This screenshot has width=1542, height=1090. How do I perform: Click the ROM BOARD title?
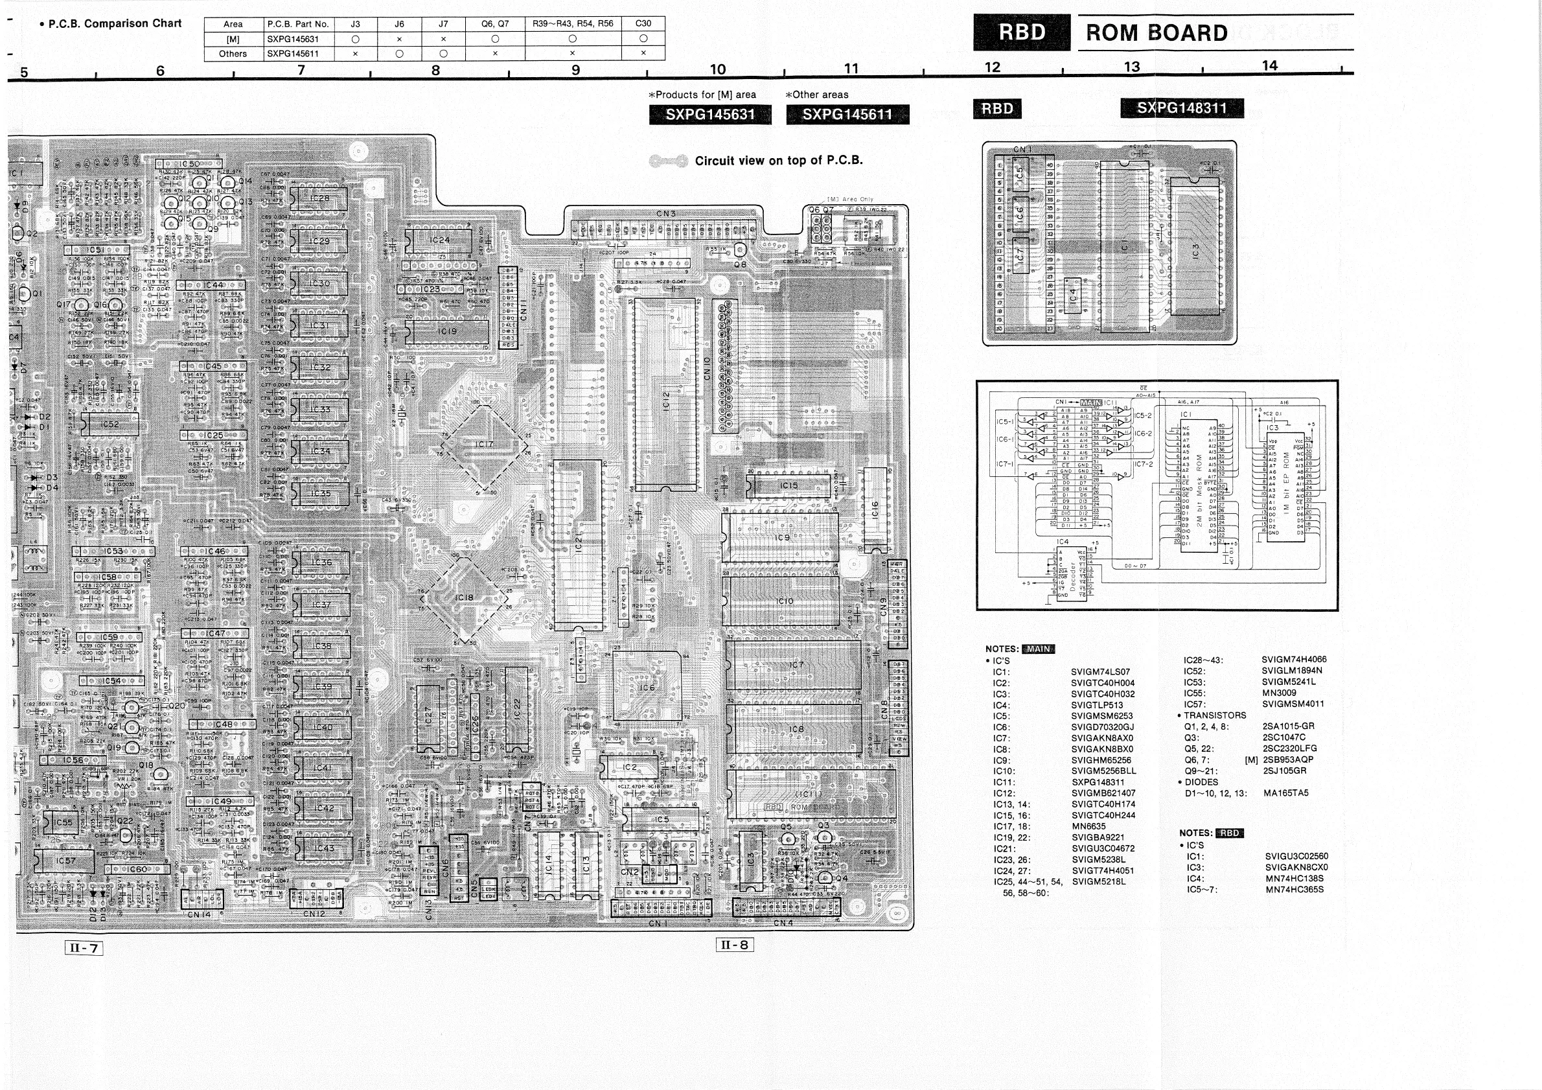point(1156,33)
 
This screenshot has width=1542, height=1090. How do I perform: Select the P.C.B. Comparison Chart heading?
point(115,23)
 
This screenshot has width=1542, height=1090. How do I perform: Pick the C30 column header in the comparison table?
point(643,23)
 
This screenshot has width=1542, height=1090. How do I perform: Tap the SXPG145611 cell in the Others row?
point(294,54)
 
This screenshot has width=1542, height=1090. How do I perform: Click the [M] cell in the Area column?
point(233,39)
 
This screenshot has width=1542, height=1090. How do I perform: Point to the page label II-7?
point(85,948)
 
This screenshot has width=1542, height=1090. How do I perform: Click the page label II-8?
point(734,945)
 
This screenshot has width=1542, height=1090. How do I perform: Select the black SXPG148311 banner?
point(1181,108)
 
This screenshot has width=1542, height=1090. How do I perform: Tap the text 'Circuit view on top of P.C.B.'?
point(778,161)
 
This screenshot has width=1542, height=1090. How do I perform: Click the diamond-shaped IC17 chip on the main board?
point(483,446)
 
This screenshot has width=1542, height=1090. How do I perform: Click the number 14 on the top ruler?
point(1269,66)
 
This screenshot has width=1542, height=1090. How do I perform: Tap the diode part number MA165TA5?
point(1285,793)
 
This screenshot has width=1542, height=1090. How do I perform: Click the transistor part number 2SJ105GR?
point(1284,771)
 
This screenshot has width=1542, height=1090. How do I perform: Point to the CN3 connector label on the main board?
point(665,214)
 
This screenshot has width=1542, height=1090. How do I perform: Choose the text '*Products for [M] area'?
point(702,95)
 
